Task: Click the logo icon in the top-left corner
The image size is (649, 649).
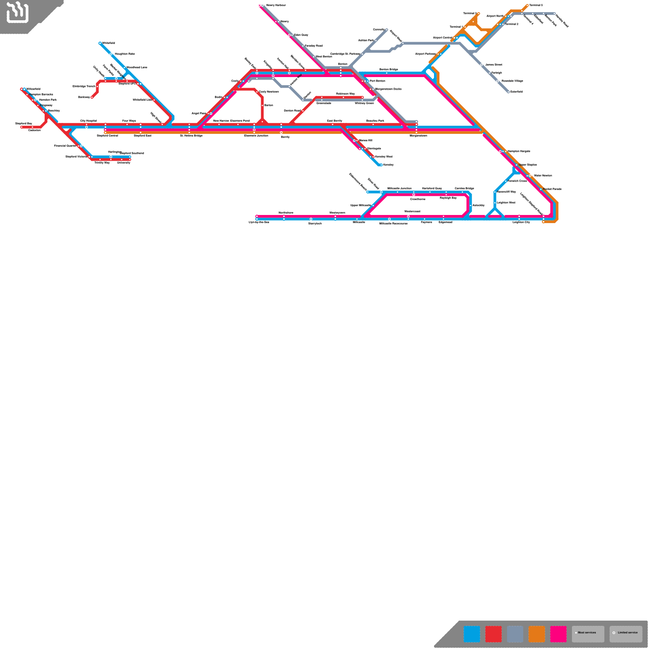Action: pos(17,12)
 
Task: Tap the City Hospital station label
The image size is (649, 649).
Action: pos(88,121)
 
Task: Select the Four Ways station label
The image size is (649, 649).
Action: pos(129,121)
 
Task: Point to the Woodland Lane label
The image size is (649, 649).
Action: pos(137,67)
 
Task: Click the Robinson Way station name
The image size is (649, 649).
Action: pos(345,94)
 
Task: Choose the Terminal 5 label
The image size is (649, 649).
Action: pos(535,5)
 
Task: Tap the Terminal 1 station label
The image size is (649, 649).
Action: pos(456,27)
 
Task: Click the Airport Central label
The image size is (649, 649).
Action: pos(442,38)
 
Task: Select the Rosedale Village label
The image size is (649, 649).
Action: pos(512,81)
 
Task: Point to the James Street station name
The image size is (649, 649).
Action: pos(493,64)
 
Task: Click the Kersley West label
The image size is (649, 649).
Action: pos(384,157)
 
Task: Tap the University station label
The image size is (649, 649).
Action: pos(124,163)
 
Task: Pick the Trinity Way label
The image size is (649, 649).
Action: pos(102,163)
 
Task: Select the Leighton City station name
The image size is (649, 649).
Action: pos(521,222)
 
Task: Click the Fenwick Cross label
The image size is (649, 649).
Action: pos(517,181)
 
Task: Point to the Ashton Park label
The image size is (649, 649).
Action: pos(366,40)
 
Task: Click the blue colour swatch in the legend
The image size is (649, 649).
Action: pos(471,634)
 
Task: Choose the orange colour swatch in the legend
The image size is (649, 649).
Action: pos(536,634)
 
